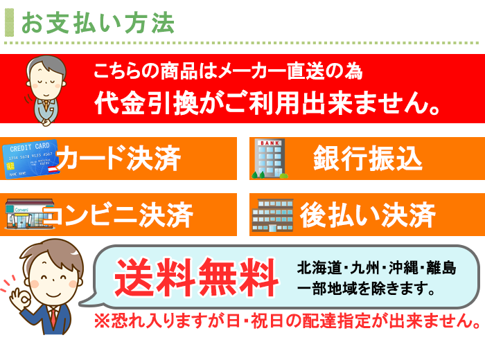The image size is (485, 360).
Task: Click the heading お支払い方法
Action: tap(98, 23)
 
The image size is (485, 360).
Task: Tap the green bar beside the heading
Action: tap(9, 22)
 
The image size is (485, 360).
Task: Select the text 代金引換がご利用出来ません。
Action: tap(267, 103)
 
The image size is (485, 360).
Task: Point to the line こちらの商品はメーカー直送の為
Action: tap(228, 71)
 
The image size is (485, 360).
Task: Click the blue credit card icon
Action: tap(30, 159)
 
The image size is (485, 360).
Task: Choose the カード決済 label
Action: tap(118, 158)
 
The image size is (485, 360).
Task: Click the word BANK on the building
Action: tap(270, 143)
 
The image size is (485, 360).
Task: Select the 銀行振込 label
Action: tap(368, 159)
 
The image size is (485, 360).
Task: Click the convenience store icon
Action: tap(30, 214)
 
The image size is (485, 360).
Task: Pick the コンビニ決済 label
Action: tap(118, 215)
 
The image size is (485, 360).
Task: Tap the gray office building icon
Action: tap(272, 215)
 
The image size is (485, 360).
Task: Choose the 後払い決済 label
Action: tap(368, 215)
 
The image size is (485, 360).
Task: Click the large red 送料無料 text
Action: tap(197, 277)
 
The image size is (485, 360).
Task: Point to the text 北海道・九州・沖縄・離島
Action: tap(376, 268)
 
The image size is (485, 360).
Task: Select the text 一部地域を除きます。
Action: tap(367, 288)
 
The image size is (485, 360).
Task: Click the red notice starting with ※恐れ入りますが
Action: tap(288, 321)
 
